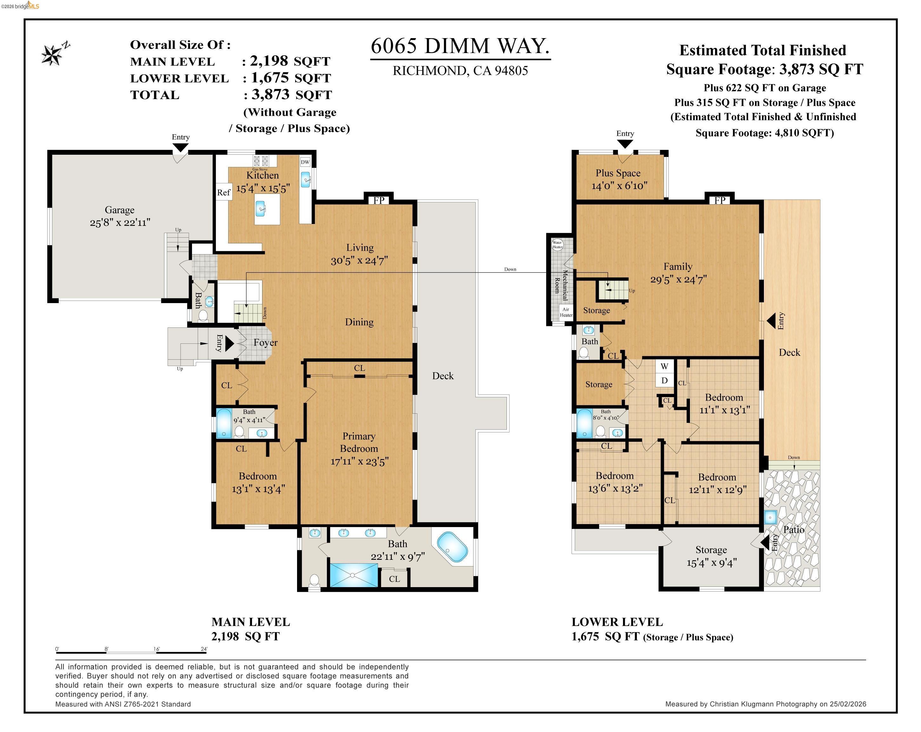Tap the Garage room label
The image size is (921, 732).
coord(120,210)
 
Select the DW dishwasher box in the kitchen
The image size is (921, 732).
coord(305,162)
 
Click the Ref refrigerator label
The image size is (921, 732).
coord(223,193)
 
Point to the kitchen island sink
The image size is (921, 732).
coord(262,209)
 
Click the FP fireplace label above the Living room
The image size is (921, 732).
coord(379,200)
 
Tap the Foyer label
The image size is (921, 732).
coord(265,342)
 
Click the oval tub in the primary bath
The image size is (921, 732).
coord(452,546)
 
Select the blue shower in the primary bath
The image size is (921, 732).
coord(353,575)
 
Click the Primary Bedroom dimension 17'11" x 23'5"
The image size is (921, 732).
coord(359,461)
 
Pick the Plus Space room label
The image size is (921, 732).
coord(618,173)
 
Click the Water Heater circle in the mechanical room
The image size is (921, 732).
coord(557,245)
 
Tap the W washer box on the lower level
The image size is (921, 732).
coord(664,366)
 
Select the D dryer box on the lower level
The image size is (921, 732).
coord(664,380)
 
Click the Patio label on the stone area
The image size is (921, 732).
coord(793,529)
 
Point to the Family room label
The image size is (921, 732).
coord(678,266)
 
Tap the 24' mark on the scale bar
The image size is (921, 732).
coord(204,649)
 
